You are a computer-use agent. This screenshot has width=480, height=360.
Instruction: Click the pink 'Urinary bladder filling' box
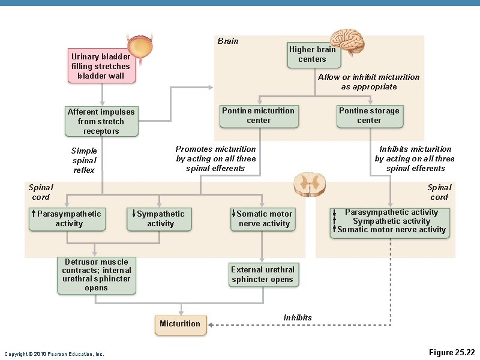click(102, 66)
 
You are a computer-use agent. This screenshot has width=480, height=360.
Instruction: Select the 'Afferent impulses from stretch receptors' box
click(101, 121)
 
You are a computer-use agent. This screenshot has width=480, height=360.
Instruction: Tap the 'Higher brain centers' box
click(312, 55)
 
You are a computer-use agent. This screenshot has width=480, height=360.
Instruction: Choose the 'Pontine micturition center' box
click(259, 116)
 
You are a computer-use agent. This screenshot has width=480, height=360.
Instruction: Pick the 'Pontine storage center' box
click(369, 116)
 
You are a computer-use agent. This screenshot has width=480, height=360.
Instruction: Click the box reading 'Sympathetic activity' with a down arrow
click(160, 219)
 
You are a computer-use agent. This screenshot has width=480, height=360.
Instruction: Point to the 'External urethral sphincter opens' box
click(263, 275)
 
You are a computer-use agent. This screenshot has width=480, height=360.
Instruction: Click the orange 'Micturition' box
click(181, 324)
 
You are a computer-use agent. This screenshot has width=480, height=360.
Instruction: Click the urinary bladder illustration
click(142, 45)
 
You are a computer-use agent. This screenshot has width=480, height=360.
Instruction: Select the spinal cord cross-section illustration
click(310, 182)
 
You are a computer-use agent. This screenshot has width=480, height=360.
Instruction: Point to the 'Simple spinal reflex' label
click(84, 160)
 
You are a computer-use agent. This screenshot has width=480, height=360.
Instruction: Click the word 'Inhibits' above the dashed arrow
click(298, 317)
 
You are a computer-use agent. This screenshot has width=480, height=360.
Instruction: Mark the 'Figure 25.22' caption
click(452, 352)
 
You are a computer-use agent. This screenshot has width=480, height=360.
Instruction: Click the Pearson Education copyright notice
click(54, 354)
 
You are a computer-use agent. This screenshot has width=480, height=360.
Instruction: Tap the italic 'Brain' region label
click(228, 41)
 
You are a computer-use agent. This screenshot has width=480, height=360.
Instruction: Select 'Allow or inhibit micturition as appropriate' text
click(368, 82)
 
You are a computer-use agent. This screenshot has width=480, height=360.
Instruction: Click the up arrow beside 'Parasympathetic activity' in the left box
click(34, 214)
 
